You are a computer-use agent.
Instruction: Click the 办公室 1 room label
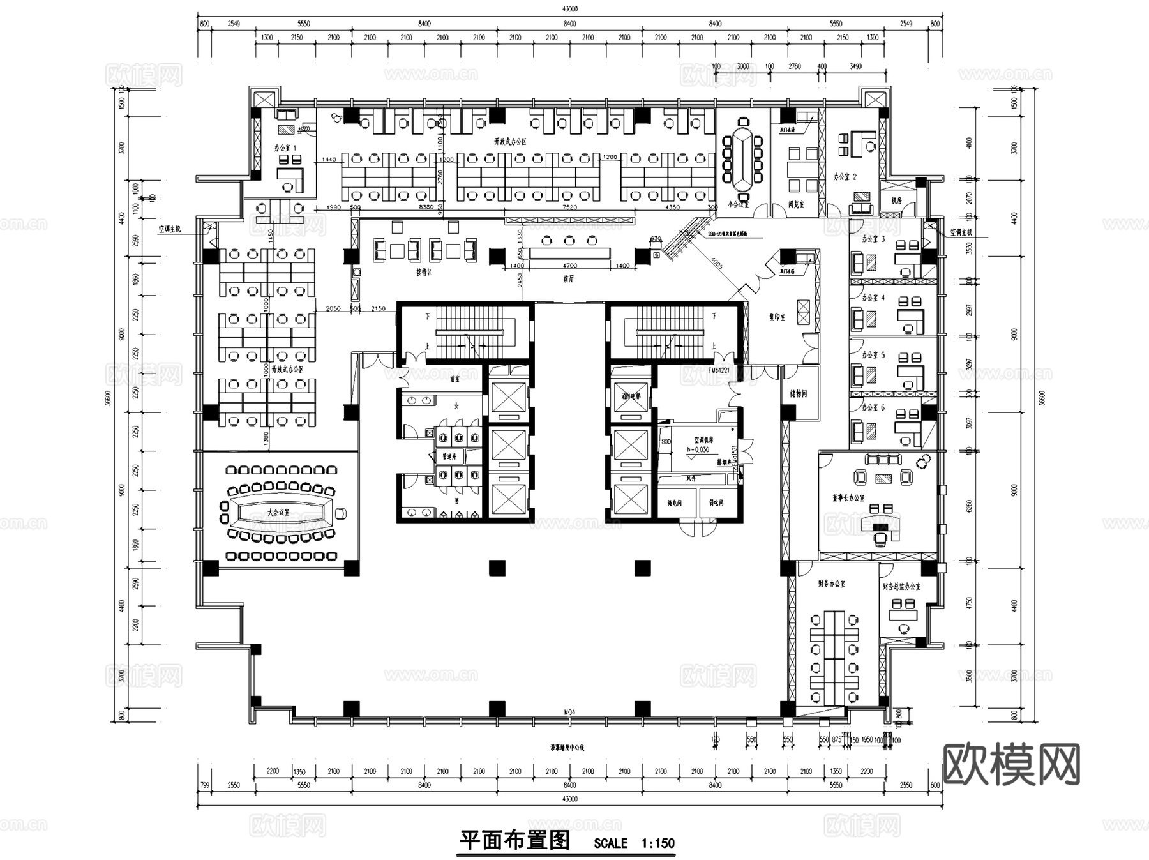click(x=285, y=147)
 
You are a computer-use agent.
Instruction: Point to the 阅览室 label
click(x=797, y=206)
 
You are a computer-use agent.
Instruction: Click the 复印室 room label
click(x=777, y=317)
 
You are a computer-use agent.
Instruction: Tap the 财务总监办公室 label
click(x=901, y=586)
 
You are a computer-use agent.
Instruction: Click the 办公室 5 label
click(x=873, y=354)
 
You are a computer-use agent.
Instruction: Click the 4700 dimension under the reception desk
click(x=569, y=266)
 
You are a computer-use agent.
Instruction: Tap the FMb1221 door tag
click(x=718, y=370)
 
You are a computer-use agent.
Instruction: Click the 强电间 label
click(x=675, y=503)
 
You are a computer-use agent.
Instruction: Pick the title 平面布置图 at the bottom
click(x=514, y=840)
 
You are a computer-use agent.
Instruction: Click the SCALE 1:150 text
click(x=634, y=843)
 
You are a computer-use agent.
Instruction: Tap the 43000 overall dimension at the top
click(x=569, y=9)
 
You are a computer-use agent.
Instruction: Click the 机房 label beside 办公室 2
click(x=896, y=200)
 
